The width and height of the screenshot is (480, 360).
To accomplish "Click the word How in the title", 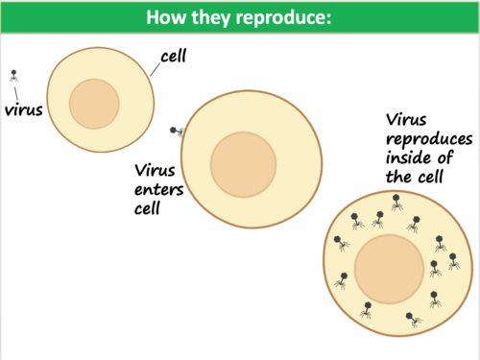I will (170, 19).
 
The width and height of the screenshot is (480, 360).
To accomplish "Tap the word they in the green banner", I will (215, 19).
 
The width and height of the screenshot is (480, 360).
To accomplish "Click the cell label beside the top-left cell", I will (174, 57).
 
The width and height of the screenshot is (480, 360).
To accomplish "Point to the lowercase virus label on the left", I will (24, 108).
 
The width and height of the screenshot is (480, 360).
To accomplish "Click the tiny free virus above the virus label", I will (13, 74).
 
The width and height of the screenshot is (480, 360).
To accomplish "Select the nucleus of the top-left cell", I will (94, 103).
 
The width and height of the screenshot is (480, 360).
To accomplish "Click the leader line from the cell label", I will (156, 67).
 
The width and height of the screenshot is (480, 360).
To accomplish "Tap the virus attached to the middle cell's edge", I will (175, 131).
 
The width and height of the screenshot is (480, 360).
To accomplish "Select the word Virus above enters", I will (154, 169).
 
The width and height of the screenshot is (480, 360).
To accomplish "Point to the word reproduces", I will (428, 139).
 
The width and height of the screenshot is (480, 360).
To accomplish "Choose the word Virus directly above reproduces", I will (408, 120).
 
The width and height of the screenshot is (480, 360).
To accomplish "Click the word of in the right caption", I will (447, 158).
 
